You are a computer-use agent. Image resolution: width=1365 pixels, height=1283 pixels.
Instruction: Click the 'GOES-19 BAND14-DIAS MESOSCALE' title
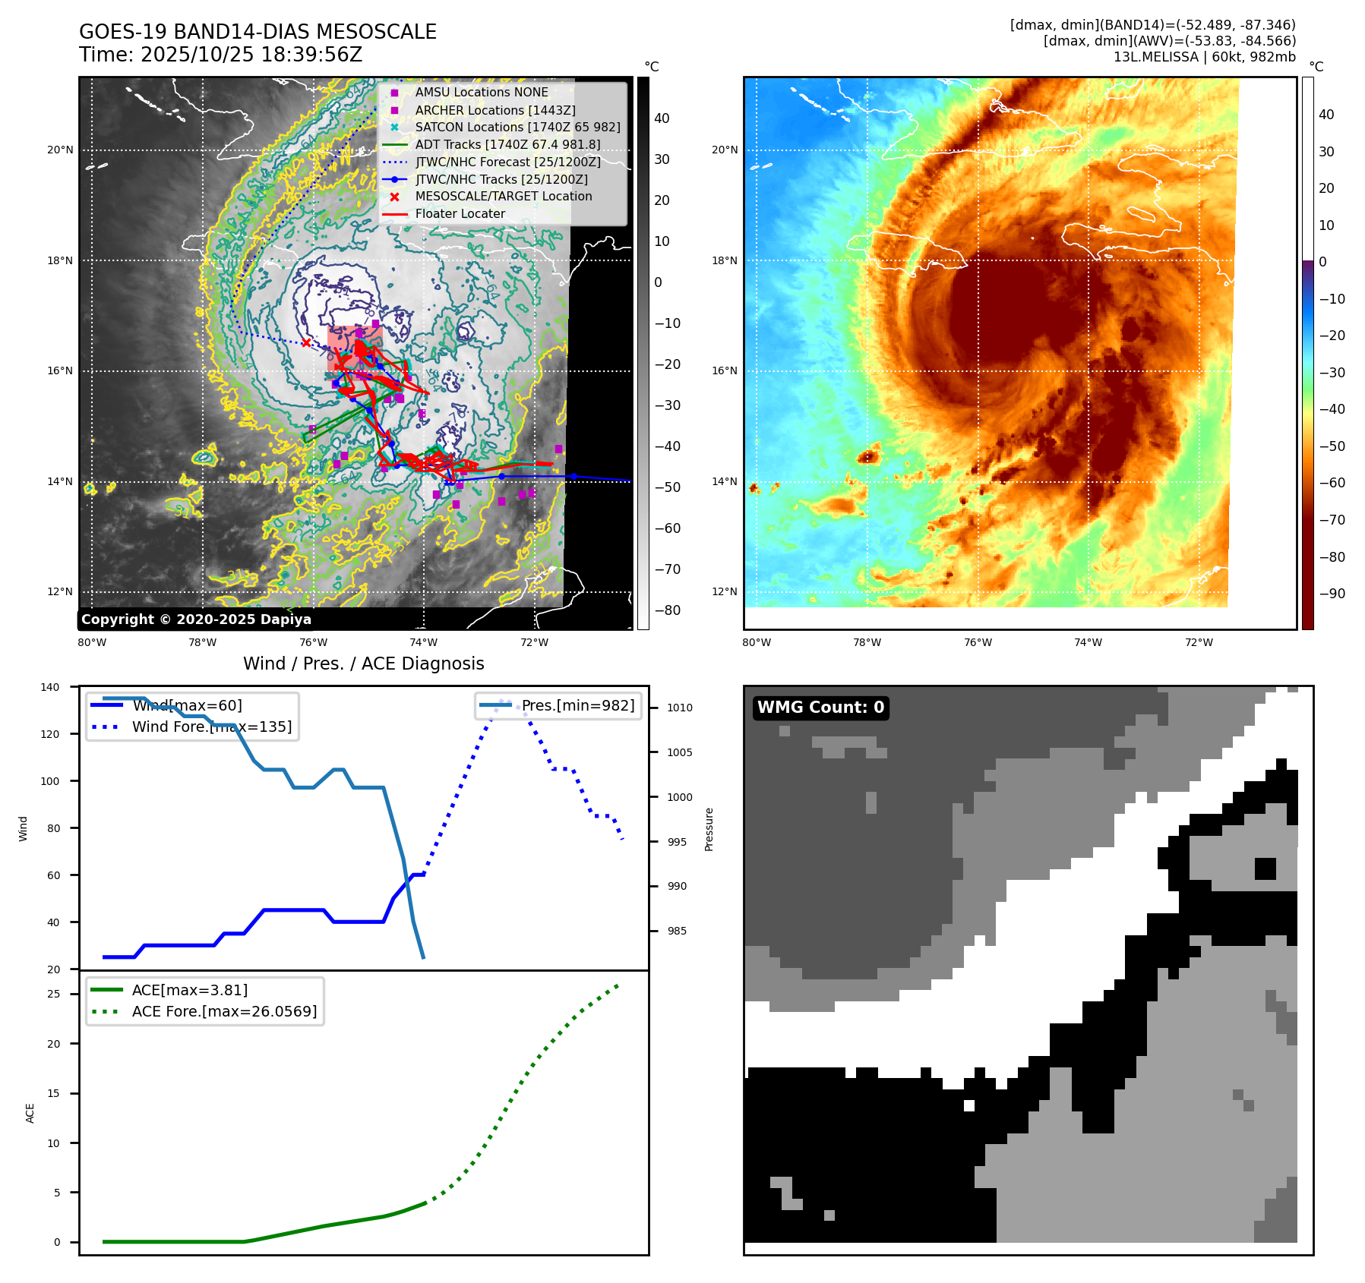(x=258, y=32)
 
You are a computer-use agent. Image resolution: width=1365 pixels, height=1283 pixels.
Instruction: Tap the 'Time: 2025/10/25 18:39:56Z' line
(x=220, y=55)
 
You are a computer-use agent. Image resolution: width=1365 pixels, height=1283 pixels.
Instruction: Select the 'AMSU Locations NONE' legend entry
(x=481, y=92)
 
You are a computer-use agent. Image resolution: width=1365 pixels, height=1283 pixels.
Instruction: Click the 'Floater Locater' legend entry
(x=460, y=214)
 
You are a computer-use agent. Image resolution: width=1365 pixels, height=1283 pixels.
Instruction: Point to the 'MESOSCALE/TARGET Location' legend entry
(x=503, y=197)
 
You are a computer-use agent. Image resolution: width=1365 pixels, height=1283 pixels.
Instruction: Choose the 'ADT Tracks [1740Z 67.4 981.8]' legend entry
(x=507, y=144)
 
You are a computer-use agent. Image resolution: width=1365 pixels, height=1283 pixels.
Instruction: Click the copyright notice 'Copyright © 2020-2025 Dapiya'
(x=196, y=619)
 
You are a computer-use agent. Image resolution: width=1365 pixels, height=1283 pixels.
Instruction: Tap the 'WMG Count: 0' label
(x=820, y=708)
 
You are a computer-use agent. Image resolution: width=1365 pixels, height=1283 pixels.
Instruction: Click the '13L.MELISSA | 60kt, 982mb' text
(x=1204, y=57)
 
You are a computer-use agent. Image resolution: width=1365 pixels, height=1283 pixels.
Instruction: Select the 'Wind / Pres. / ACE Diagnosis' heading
(x=363, y=664)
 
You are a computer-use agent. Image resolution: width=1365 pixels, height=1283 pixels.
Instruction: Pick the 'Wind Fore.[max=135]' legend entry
(x=211, y=727)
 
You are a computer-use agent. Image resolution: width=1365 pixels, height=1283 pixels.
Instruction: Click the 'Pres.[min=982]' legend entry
(x=577, y=705)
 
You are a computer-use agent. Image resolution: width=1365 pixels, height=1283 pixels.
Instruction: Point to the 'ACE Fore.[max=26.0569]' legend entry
(x=224, y=1011)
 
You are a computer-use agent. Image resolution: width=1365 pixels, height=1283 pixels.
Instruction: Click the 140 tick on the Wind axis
(x=50, y=687)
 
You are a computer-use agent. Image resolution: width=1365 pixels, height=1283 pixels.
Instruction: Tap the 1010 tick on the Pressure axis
(x=680, y=708)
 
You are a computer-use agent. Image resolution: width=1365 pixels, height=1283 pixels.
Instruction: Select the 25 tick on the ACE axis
(x=53, y=994)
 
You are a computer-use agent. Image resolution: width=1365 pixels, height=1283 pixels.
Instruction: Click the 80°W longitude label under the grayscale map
(x=92, y=642)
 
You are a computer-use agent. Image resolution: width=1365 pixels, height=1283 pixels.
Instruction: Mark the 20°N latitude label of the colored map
(x=724, y=150)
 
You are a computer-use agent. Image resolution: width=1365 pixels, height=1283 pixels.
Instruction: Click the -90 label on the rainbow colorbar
(x=1332, y=594)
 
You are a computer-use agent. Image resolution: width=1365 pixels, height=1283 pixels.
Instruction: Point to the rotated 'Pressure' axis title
(x=709, y=829)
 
